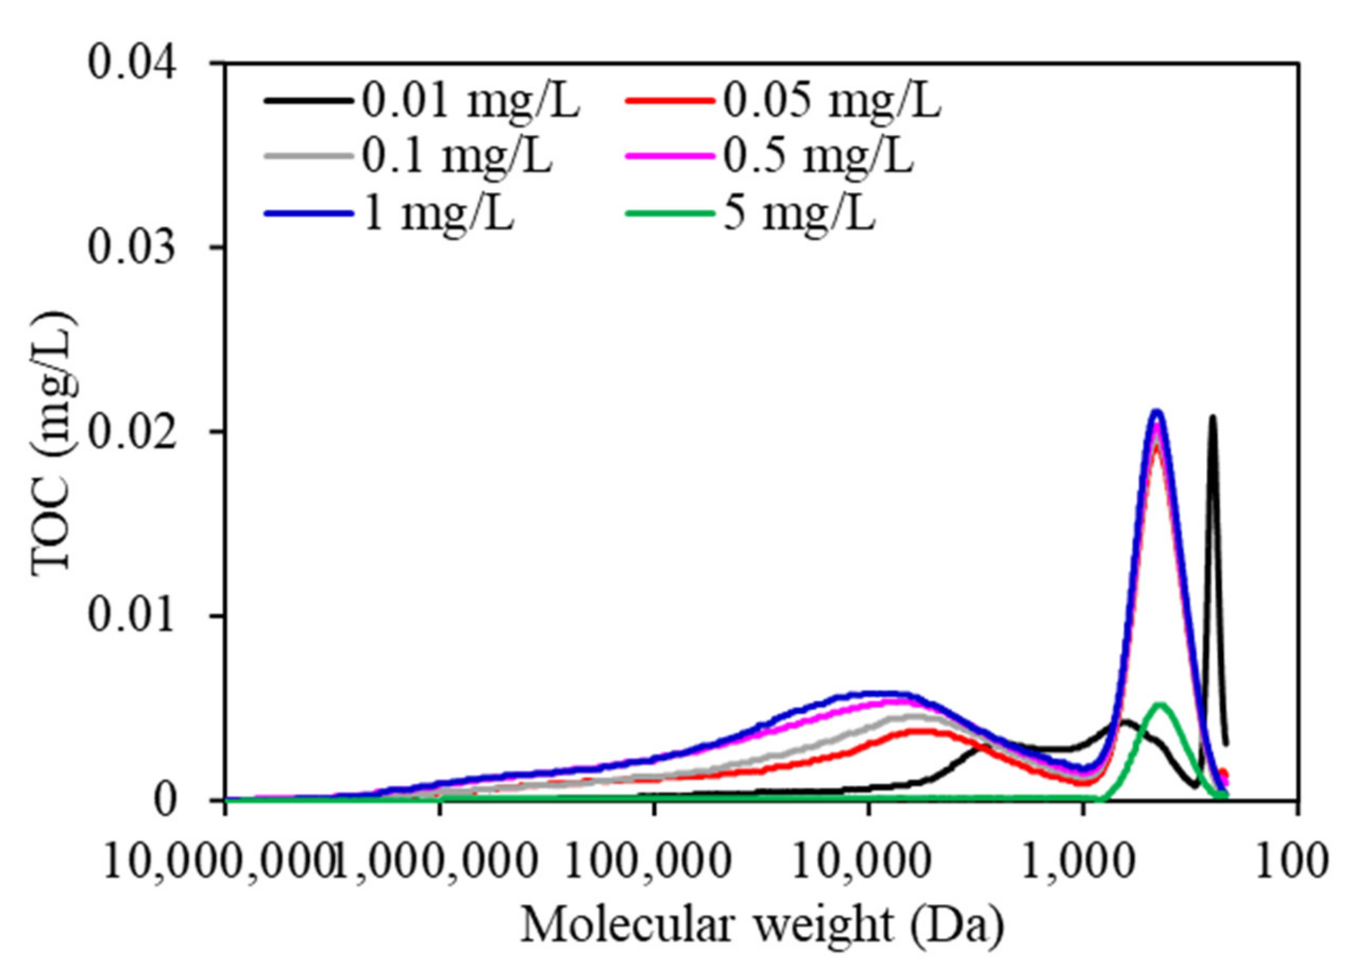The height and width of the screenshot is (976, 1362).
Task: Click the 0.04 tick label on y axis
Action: [x=133, y=64]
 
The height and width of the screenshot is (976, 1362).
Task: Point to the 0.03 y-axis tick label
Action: [x=133, y=248]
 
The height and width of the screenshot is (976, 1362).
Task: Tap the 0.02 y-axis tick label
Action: [x=133, y=431]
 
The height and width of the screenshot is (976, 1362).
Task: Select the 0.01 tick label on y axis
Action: [x=133, y=616]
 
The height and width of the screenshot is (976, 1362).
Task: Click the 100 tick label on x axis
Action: [x=1297, y=862]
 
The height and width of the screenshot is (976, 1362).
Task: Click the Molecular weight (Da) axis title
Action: [x=762, y=925]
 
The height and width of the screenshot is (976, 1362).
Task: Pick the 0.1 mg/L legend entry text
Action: [x=456, y=157]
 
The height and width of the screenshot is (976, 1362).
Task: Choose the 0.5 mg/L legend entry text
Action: [x=818, y=157]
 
